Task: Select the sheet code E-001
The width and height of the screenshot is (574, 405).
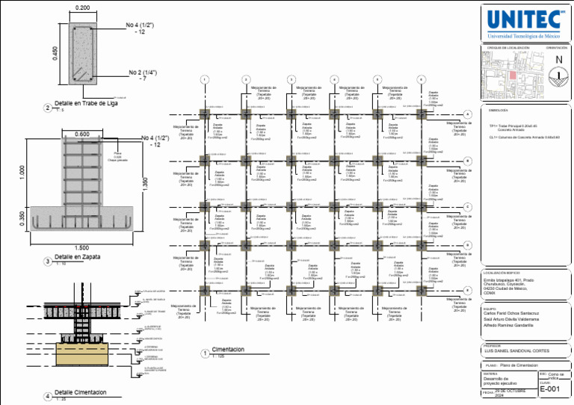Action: (x=549, y=389)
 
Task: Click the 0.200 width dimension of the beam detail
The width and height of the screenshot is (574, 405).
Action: (x=82, y=7)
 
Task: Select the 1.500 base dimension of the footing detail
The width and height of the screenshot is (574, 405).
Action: (x=82, y=247)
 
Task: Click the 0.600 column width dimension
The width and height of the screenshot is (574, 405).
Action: (x=82, y=135)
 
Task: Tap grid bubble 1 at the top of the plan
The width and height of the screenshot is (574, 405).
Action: (x=203, y=80)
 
